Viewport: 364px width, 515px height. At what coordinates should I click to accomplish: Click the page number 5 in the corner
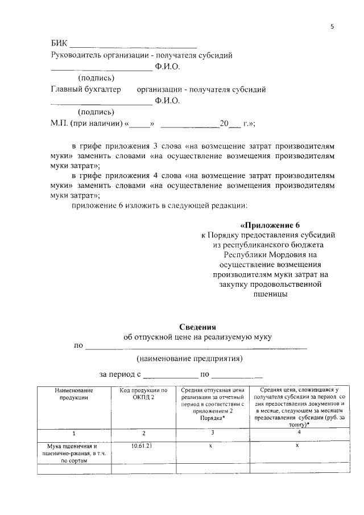click(332, 26)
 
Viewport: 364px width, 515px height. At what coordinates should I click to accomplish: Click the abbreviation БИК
click(59, 44)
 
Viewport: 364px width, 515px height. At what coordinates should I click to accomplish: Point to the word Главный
click(69, 89)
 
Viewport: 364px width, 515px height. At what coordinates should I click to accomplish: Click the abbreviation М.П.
click(60, 123)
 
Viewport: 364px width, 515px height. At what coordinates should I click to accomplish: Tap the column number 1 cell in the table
click(73, 434)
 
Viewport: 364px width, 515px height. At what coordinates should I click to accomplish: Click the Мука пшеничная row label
click(73, 453)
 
